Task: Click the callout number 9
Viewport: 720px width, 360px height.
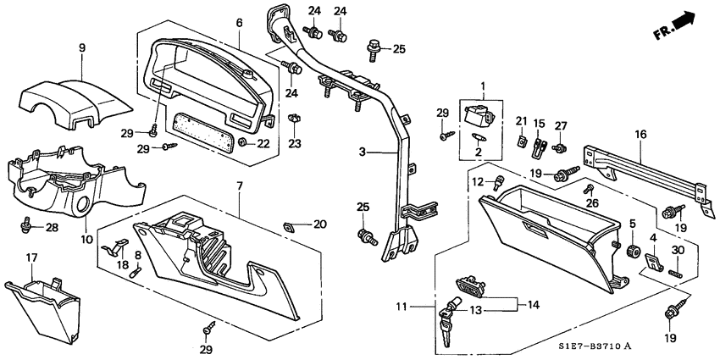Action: [x=82, y=49]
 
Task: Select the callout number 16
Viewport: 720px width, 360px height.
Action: [x=640, y=134]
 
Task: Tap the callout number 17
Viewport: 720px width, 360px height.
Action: [x=31, y=257]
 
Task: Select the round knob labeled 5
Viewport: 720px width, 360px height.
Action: [x=631, y=252]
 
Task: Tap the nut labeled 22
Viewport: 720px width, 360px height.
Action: [x=243, y=141]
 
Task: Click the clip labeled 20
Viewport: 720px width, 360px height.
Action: [x=290, y=224]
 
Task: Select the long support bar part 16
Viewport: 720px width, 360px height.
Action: [x=644, y=174]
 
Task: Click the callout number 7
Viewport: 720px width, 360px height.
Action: [x=240, y=186]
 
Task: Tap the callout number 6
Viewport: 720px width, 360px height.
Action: [x=240, y=22]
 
